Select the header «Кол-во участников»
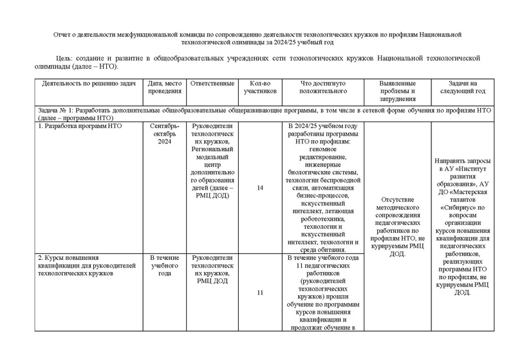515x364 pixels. (x=259, y=87)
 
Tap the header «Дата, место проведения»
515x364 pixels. (x=165, y=87)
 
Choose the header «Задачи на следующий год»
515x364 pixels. (x=462, y=87)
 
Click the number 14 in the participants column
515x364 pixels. (x=259, y=188)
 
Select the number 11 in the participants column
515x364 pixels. (x=259, y=293)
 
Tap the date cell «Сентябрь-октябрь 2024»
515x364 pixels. (x=165, y=133)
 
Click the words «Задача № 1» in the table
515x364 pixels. (x=57, y=111)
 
